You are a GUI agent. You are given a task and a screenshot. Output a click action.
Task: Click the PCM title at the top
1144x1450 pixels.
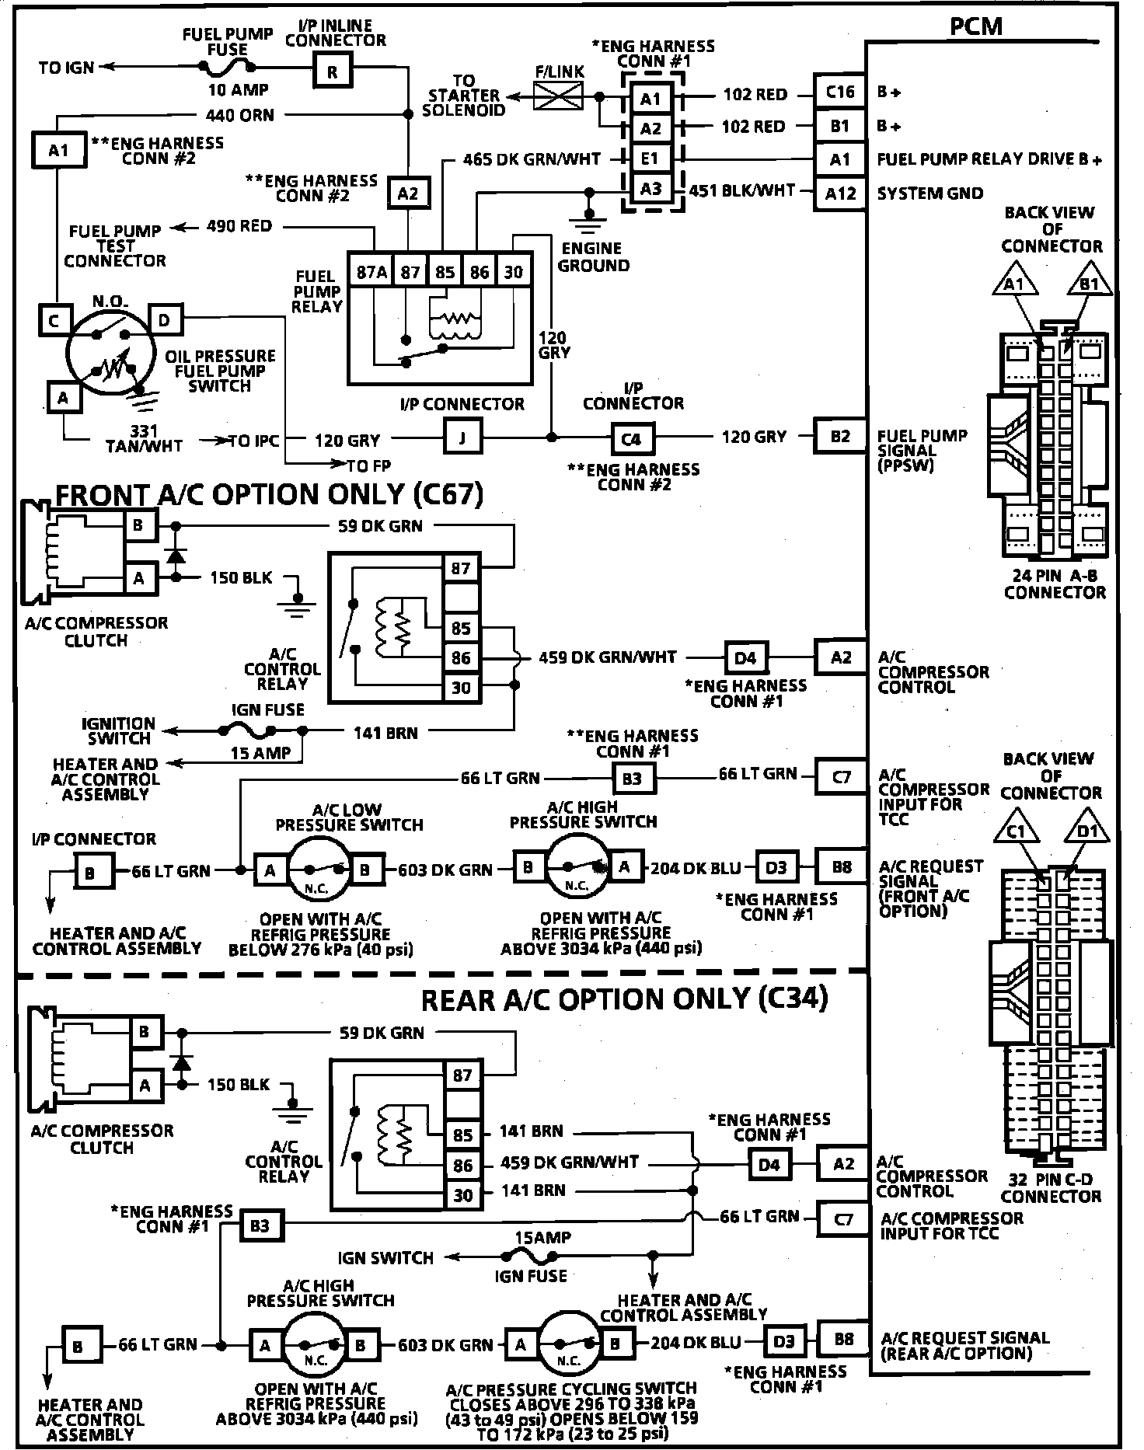[977, 26]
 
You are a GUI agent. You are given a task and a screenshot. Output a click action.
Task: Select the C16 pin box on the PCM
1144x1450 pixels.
[840, 92]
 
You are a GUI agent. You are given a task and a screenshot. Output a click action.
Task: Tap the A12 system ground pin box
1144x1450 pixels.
[840, 193]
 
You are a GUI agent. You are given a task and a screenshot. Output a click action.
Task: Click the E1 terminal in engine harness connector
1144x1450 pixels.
[650, 159]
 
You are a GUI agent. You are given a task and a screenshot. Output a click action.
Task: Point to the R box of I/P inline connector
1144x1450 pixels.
[333, 73]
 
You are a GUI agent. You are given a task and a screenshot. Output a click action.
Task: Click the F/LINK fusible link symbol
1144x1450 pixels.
[559, 96]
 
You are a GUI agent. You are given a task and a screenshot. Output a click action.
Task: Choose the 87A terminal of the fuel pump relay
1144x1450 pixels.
[371, 272]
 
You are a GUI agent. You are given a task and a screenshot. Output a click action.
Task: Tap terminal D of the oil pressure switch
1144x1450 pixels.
[164, 319]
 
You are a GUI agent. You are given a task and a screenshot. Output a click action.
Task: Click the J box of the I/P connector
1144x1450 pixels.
[462, 438]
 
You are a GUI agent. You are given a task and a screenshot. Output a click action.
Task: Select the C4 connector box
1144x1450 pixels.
[632, 438]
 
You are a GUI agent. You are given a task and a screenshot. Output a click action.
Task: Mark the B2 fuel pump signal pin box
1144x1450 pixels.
[840, 436]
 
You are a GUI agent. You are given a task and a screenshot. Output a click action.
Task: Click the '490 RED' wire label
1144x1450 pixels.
[239, 226]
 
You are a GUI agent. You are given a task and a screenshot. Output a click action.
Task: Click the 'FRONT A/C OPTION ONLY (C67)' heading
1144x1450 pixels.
[270, 494]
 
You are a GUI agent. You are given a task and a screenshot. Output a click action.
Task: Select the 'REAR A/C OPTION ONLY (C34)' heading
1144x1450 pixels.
[624, 999]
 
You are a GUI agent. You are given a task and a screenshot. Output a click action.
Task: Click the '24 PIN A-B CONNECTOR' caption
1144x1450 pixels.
[1055, 584]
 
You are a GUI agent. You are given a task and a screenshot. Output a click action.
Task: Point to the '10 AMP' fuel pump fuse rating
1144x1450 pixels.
[239, 90]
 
